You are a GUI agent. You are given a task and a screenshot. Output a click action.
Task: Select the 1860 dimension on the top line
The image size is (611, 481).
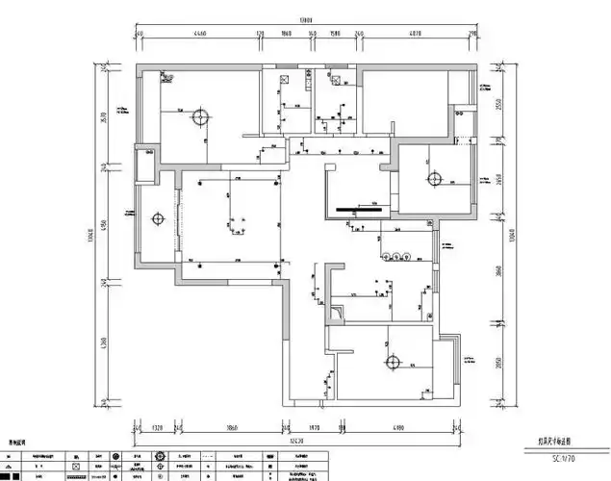287,34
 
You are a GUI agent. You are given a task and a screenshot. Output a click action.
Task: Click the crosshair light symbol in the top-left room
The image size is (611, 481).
199,117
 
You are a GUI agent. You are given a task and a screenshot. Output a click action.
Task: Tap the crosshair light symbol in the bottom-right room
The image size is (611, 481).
392,363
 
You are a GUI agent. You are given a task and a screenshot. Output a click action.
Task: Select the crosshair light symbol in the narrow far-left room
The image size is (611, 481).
157,219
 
